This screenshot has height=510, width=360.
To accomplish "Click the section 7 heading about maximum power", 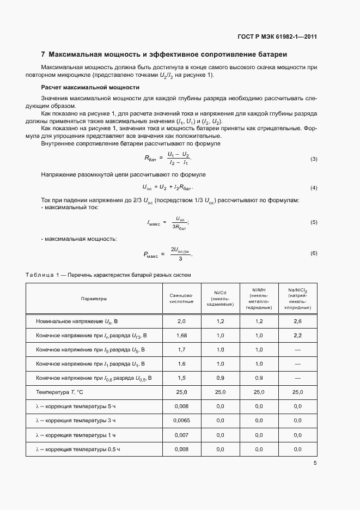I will coord(164,54).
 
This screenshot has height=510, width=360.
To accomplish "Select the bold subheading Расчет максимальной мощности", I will coord(90,87).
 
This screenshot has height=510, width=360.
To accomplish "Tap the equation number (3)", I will coord(314,159).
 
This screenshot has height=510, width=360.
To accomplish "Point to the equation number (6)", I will coord(314,253).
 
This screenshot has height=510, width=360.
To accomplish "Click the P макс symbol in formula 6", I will coord(151,254).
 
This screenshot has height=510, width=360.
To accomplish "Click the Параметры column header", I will coord(94,299).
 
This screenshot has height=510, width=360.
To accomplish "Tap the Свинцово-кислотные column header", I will coord(181,299).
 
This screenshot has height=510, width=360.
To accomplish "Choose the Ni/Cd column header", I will coord(221,299).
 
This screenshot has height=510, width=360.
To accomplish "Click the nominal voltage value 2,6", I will coord(297,321).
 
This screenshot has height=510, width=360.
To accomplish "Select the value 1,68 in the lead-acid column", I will coord(181,335).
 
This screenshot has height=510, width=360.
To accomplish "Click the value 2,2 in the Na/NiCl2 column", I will coord(297,335).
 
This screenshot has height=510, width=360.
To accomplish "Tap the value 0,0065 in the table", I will coord(181,421).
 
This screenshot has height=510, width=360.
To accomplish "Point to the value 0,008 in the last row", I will coord(181,449).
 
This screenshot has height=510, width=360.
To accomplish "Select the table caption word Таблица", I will coord(39,275).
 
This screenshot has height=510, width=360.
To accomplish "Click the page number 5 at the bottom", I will coord(315,464).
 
